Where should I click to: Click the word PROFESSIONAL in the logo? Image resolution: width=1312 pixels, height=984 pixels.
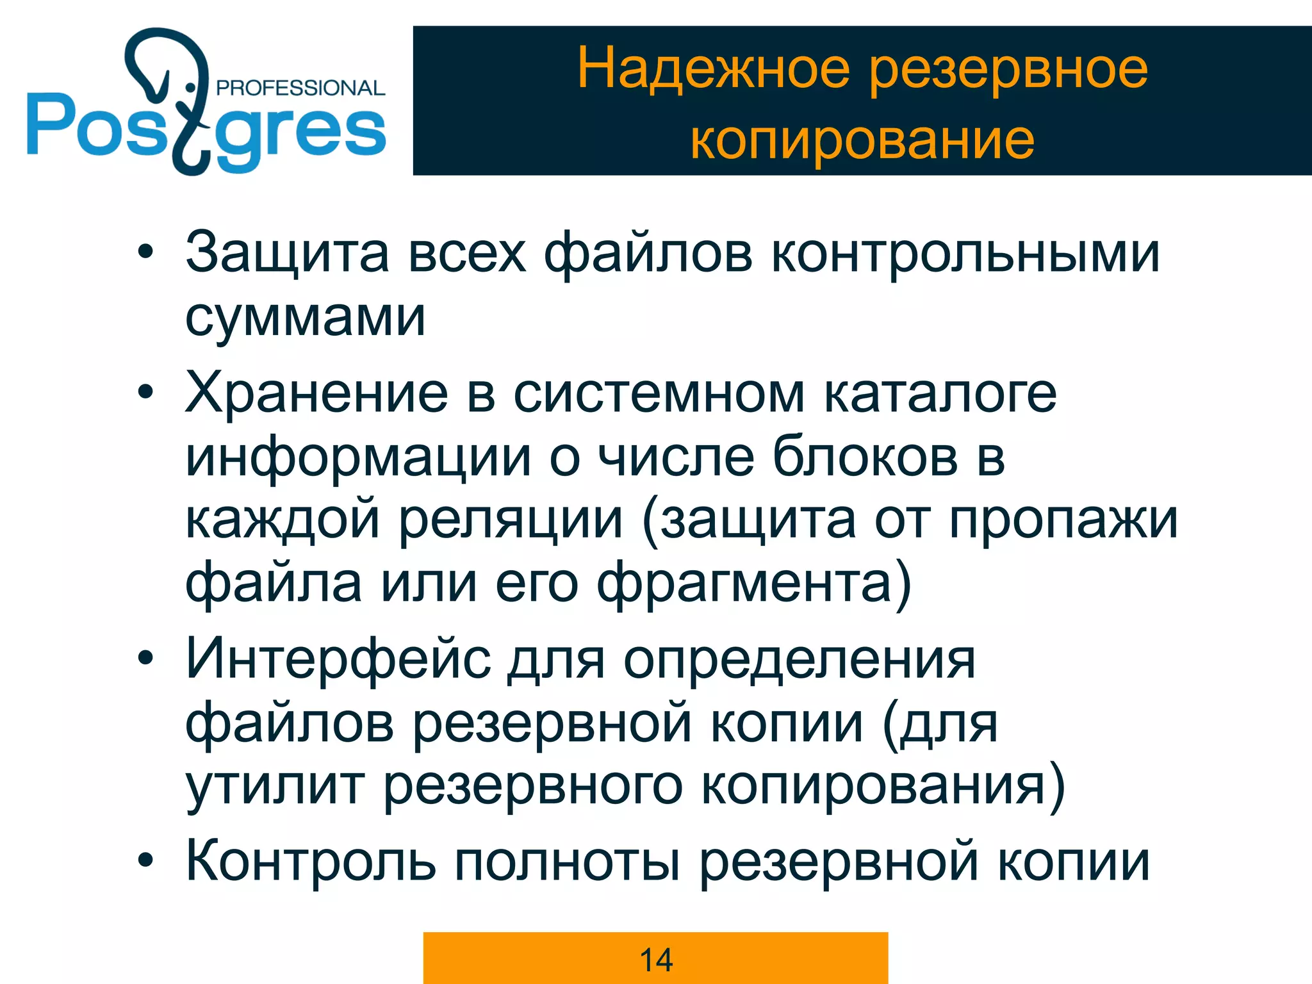click(x=300, y=88)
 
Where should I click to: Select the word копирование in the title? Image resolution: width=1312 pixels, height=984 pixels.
click(x=862, y=139)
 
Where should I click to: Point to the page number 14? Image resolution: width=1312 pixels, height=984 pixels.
click(x=656, y=960)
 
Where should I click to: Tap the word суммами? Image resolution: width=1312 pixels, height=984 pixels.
click(x=305, y=317)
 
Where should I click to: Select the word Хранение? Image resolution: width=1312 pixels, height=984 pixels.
click(x=316, y=393)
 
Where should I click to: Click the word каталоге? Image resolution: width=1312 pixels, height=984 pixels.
click(x=940, y=393)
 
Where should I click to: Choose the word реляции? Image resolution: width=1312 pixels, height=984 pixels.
click(x=511, y=520)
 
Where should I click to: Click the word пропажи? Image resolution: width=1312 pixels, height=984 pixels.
click(x=1063, y=520)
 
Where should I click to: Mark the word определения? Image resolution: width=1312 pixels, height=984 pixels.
click(x=799, y=659)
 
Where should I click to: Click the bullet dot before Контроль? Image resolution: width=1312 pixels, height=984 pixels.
click(x=146, y=860)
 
